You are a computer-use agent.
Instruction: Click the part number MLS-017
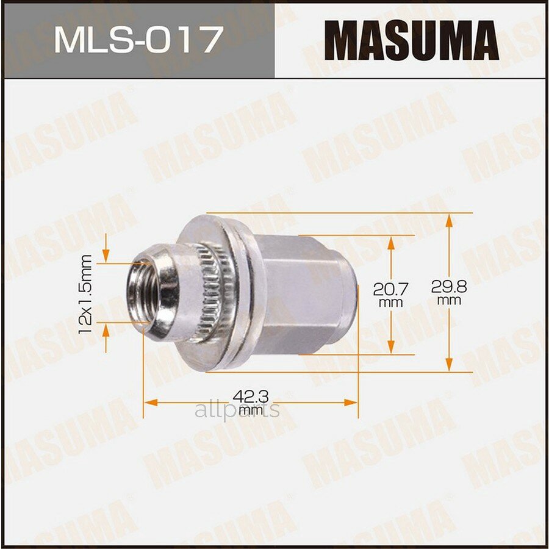[137, 40]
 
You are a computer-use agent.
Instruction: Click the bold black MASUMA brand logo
[415, 41]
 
